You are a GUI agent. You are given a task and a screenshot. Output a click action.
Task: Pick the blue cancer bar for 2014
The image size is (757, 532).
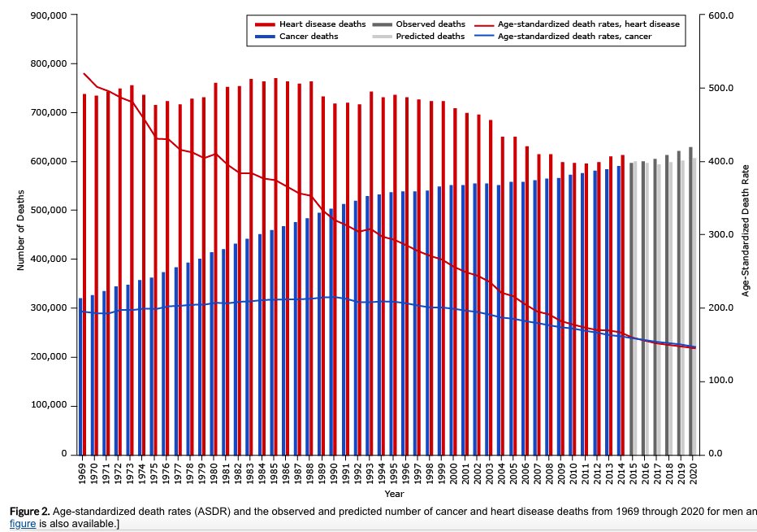point(618,310)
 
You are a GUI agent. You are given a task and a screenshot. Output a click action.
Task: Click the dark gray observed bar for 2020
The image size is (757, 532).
point(690,300)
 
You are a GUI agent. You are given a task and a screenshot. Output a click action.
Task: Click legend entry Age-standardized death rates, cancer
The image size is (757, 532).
point(573,36)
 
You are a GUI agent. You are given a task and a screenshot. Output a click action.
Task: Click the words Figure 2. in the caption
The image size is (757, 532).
point(30,511)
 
